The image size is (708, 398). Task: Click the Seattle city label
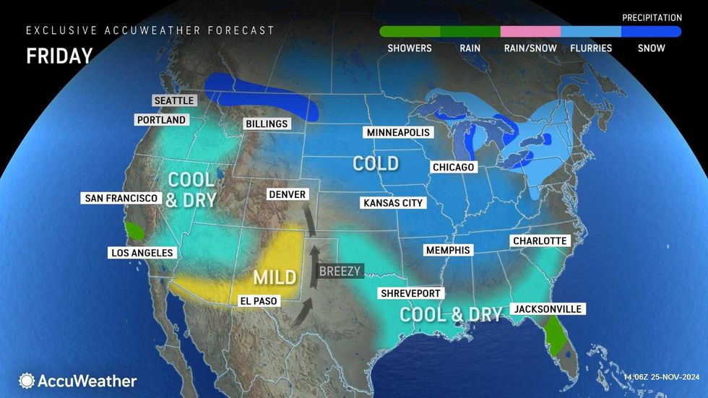(x=174, y=100)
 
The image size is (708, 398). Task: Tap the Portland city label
(x=162, y=120)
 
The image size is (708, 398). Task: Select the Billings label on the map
(x=267, y=124)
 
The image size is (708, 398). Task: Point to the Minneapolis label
(x=397, y=133)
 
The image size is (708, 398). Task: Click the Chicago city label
(x=453, y=168)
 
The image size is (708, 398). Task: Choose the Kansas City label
(x=393, y=203)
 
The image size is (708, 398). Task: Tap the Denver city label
(x=287, y=194)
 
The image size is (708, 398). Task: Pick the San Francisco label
(x=121, y=198)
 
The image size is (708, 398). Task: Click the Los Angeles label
(x=142, y=253)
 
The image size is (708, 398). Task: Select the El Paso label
(x=259, y=300)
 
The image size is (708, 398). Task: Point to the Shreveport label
(x=410, y=293)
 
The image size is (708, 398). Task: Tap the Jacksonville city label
(x=547, y=309)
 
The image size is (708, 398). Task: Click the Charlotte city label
(x=540, y=241)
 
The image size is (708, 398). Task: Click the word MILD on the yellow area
(x=274, y=277)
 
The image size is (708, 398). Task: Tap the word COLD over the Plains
(x=375, y=163)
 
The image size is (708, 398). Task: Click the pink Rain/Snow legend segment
(x=530, y=32)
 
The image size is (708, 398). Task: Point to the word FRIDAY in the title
(x=59, y=56)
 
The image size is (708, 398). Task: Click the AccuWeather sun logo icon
(x=27, y=381)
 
